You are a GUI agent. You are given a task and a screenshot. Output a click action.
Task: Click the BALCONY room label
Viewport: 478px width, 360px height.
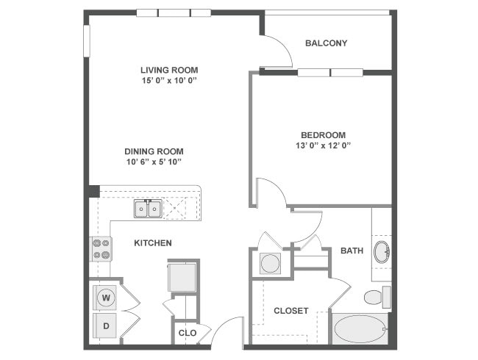[326, 43]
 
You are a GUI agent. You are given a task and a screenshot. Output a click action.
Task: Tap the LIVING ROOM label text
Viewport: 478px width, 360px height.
[169, 70]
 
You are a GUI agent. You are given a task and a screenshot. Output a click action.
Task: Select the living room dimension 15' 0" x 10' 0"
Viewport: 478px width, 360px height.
[169, 80]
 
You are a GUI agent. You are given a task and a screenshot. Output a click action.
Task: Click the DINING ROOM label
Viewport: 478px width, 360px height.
[153, 151]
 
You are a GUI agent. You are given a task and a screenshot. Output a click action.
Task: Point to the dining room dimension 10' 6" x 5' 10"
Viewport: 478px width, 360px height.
[153, 162]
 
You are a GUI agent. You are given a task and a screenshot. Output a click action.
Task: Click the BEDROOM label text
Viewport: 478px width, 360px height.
[323, 135]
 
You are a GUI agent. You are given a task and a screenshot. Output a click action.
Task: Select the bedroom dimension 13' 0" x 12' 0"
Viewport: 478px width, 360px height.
[323, 145]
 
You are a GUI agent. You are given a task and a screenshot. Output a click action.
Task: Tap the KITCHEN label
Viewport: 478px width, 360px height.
[153, 242]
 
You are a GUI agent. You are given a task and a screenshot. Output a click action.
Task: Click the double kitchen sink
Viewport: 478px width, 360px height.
[148, 209]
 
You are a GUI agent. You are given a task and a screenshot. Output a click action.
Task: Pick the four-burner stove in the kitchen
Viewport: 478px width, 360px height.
[101, 248]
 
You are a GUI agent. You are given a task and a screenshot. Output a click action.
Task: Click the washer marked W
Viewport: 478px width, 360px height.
[106, 298]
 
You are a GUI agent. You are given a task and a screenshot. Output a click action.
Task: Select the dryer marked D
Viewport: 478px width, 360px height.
[106, 324]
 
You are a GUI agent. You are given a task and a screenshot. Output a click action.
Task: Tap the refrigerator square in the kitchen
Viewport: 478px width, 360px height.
[182, 277]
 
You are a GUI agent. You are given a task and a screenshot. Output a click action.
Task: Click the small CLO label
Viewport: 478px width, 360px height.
[188, 333]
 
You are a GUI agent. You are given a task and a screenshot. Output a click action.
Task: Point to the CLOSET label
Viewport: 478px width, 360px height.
[290, 311]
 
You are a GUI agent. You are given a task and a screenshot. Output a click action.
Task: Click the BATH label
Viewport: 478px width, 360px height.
[352, 251]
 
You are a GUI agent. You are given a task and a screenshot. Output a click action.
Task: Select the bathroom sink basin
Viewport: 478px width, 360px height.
[382, 252]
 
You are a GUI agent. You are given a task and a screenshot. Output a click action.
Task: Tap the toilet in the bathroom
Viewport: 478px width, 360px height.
[375, 297]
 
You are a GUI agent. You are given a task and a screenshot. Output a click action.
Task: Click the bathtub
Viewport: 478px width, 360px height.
[360, 328]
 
